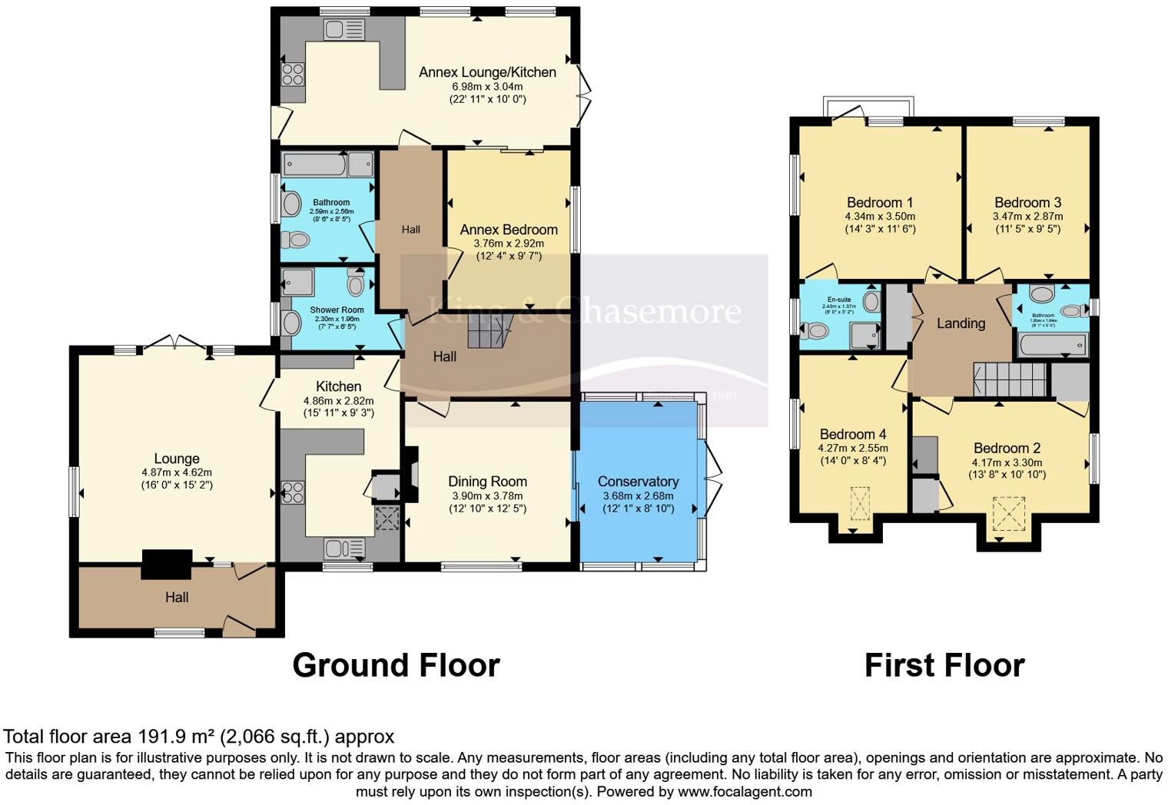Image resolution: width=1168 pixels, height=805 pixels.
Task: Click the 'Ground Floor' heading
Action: pyautogui.click(x=396, y=665)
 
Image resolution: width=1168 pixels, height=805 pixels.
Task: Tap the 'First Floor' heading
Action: pyautogui.click(x=944, y=665)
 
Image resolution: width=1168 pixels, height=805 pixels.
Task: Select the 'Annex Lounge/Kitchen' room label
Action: pyautogui.click(x=487, y=72)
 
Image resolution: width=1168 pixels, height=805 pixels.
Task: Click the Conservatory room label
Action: pyautogui.click(x=638, y=482)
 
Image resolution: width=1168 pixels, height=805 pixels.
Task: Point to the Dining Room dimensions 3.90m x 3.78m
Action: pyautogui.click(x=487, y=495)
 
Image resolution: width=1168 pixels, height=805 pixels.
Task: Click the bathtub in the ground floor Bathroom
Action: pyautogui.click(x=315, y=164)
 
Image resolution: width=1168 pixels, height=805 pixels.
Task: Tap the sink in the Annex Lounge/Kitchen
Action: pyautogui.click(x=343, y=30)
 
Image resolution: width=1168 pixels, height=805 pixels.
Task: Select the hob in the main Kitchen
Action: pyautogui.click(x=292, y=492)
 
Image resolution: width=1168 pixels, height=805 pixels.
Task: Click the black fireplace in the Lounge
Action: pyautogui.click(x=166, y=564)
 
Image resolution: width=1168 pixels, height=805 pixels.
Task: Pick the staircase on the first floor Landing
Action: pyautogui.click(x=1010, y=379)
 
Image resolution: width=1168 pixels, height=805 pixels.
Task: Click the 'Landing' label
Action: pyautogui.click(x=961, y=323)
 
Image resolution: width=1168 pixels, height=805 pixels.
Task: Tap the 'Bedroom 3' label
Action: pyautogui.click(x=1027, y=203)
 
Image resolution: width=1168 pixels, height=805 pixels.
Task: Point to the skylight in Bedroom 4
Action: pyautogui.click(x=860, y=503)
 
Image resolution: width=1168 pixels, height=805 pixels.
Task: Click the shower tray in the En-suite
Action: pyautogui.click(x=864, y=334)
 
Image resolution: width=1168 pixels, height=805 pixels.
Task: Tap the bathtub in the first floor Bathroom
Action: pyautogui.click(x=1053, y=345)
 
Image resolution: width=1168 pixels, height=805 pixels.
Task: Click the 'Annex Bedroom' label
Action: pyautogui.click(x=508, y=230)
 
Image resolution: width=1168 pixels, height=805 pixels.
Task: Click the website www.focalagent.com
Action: pyautogui.click(x=745, y=791)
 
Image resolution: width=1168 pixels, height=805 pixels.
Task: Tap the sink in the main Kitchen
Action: pyautogui.click(x=343, y=548)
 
